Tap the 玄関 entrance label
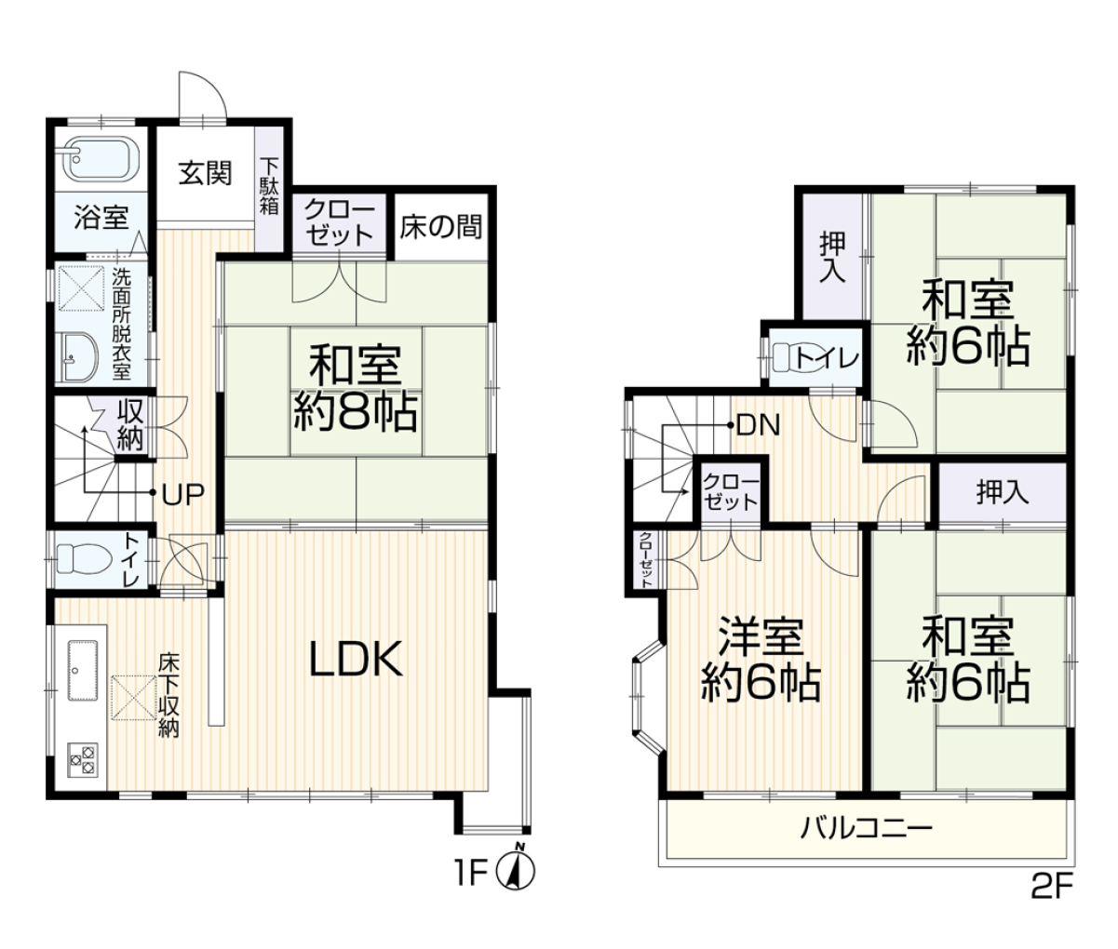click(x=205, y=174)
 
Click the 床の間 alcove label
click(x=441, y=227)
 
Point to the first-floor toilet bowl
click(x=84, y=557)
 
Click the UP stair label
click(x=183, y=494)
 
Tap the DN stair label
click(x=759, y=425)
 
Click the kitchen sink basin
click(x=83, y=670)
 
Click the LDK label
click(x=356, y=659)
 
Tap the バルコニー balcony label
click(x=867, y=828)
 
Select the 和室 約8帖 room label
click(x=356, y=388)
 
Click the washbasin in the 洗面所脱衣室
click(x=79, y=358)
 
